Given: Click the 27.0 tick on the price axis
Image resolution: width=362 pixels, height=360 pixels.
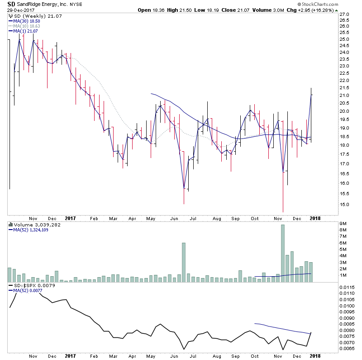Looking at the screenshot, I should pyautogui.click(x=345, y=14).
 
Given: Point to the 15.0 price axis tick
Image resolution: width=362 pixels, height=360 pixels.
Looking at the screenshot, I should pyautogui.click(x=345, y=204).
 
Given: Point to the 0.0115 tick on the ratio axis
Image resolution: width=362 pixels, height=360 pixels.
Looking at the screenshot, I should pyautogui.click(x=347, y=288).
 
